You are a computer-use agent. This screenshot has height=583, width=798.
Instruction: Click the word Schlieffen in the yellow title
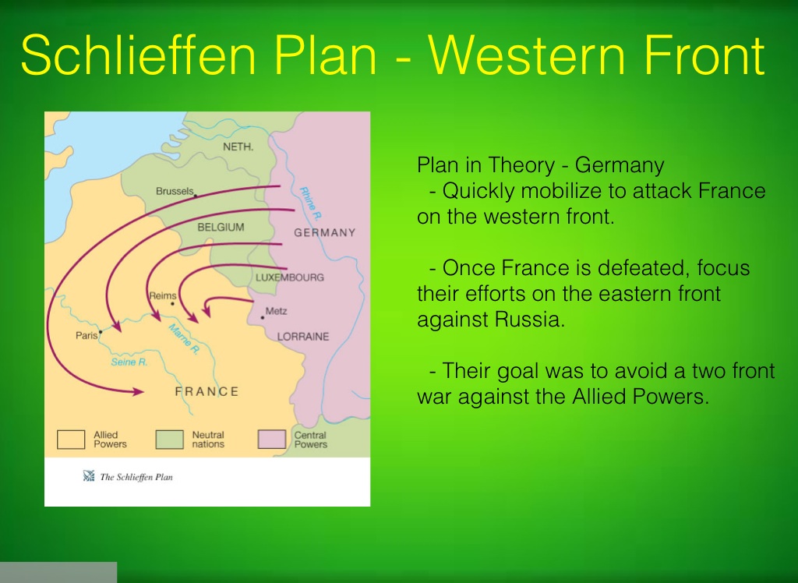(139, 55)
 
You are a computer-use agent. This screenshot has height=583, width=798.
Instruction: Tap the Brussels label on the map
(175, 191)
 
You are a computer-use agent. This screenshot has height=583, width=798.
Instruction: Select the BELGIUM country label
(221, 227)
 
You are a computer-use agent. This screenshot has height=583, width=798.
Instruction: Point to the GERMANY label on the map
(325, 233)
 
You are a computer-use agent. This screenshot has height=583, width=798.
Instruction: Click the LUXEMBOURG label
(290, 277)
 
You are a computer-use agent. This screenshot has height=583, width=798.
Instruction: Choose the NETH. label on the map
(238, 147)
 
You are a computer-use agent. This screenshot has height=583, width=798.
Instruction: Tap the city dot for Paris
(101, 332)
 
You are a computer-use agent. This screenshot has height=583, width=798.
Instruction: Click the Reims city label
(163, 295)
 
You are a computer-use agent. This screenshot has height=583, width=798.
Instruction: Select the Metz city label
(277, 310)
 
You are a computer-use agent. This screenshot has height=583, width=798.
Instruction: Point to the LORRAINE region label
(303, 337)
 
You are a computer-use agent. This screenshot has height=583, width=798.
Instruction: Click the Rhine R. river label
(310, 203)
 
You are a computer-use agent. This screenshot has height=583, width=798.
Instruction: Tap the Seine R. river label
(129, 362)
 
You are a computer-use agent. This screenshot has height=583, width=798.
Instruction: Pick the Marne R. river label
(184, 339)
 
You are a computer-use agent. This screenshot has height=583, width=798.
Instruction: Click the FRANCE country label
(207, 391)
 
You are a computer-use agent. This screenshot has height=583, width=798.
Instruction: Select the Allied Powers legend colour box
(71, 440)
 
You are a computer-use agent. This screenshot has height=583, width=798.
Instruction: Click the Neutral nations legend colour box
(169, 440)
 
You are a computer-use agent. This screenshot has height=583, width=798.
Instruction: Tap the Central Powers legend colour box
(272, 440)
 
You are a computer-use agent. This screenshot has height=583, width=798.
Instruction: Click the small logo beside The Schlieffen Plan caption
(89, 476)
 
